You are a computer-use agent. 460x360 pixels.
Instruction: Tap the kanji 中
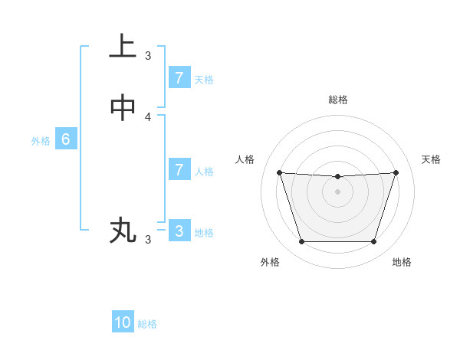123,108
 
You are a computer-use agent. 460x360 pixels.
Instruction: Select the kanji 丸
123,230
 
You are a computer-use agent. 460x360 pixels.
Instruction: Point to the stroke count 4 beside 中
148,117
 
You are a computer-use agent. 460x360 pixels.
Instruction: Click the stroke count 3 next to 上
148,55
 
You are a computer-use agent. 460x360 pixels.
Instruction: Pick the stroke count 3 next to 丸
148,240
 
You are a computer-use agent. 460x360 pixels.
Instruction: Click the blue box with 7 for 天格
179,77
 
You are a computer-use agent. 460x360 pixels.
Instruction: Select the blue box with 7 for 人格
179,169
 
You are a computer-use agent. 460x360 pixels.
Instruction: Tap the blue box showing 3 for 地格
179,231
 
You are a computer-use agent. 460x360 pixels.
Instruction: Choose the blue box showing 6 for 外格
66,139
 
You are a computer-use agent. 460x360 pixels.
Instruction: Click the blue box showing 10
123,322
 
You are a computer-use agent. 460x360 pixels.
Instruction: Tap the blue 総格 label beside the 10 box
147,324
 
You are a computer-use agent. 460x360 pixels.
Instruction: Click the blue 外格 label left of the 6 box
40,141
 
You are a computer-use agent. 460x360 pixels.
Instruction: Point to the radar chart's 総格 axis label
337,100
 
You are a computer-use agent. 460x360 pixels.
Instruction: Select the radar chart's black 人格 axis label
245,159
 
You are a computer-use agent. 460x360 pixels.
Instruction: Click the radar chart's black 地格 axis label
402,262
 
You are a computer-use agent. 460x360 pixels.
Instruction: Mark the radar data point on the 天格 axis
396,173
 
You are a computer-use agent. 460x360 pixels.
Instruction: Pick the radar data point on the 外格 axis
301,242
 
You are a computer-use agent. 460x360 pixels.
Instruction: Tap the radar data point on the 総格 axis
337,177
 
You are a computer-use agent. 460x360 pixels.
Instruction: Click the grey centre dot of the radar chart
337,192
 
